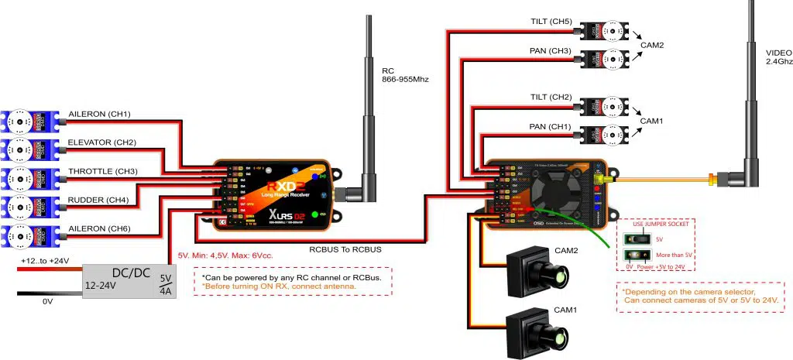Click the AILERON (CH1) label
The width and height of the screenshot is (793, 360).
[x=99, y=115]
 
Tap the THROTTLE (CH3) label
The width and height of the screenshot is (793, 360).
[x=103, y=170]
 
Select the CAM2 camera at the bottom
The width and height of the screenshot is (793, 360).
[x=537, y=272]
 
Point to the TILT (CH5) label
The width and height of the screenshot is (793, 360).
[x=551, y=22]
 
